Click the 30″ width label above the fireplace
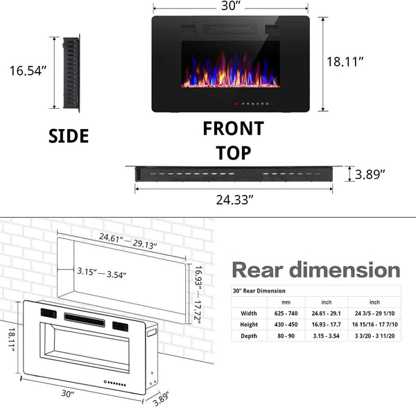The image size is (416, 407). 229,6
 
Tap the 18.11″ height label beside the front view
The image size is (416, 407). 345,62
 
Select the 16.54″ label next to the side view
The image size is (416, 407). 28,71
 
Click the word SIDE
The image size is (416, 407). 69,136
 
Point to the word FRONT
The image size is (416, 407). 233,129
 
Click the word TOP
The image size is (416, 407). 233,153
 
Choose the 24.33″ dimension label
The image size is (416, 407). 234,200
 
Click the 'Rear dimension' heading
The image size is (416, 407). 315,270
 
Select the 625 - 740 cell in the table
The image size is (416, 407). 285,313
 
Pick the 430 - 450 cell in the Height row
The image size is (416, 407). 285,324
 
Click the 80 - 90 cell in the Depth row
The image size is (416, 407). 285,336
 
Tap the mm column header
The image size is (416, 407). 285,302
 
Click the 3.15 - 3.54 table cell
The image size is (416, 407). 327,336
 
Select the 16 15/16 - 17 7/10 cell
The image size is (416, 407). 374,324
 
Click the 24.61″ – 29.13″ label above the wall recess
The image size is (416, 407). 128,241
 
